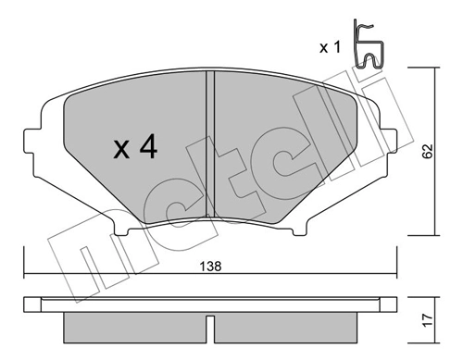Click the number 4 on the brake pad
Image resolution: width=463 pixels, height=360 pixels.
(x=144, y=148)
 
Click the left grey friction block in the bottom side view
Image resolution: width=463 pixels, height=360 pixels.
(x=134, y=325)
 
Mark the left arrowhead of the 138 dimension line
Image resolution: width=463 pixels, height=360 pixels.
(x=28, y=274)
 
